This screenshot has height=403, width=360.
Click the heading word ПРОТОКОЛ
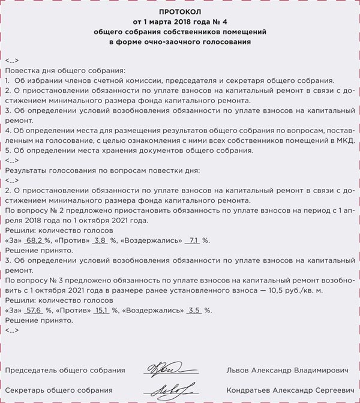pyautogui.click(x=180, y=11)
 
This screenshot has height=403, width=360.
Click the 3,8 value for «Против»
pyautogui.click(x=99, y=240)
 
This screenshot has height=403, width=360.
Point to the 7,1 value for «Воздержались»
pyautogui.click(x=193, y=240)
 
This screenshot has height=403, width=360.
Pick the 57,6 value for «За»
pyautogui.click(x=33, y=311)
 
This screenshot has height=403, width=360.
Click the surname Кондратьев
pyautogui.click(x=253, y=390)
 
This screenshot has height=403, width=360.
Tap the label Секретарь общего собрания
pyautogui.click(x=59, y=390)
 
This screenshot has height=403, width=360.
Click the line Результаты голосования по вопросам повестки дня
pyautogui.click(x=101, y=170)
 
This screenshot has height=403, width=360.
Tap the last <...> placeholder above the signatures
pyautogui.click(x=11, y=330)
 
